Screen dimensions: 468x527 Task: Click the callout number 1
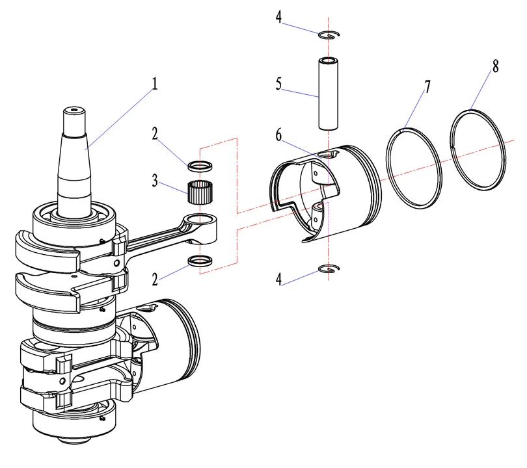[x=155, y=83]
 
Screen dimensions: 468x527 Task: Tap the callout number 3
[x=155, y=180]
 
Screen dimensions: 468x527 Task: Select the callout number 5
[x=278, y=84]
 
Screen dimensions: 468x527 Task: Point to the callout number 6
[x=278, y=135]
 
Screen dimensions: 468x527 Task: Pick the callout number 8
[x=496, y=68]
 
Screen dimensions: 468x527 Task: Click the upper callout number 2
[x=155, y=134]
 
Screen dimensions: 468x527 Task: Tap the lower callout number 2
[x=155, y=280]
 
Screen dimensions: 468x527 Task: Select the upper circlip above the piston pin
[x=330, y=35]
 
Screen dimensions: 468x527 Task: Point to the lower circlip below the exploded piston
[x=330, y=269]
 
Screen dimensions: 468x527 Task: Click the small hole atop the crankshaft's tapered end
[x=77, y=110]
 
